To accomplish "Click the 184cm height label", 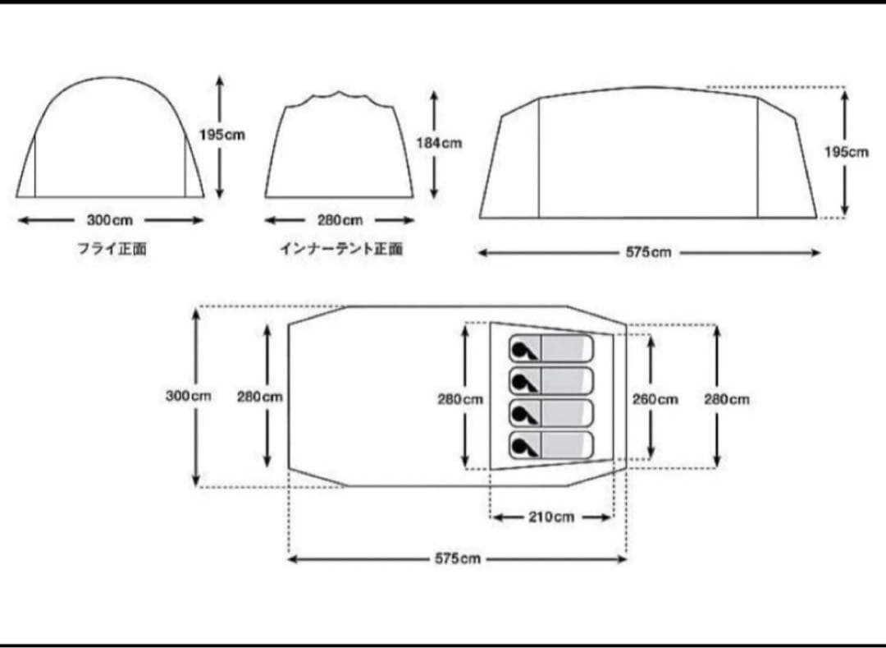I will pos(439,143).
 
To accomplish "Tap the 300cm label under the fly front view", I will pos(109,220).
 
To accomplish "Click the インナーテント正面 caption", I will pos(340,249).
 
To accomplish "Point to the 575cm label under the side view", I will pos(648,253).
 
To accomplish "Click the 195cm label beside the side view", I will pos(846,152).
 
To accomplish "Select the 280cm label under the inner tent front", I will pos(340,220).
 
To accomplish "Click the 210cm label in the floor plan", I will pos(551,517).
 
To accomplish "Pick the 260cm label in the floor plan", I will pos(655,399).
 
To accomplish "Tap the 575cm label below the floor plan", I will pos(458,558).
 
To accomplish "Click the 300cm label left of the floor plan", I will pos(188,396).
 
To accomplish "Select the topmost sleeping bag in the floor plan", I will pos(550,348).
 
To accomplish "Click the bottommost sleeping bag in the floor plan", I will pos(550,444).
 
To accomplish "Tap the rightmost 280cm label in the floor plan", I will pos(726,399).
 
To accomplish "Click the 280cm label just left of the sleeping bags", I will pos(459,399).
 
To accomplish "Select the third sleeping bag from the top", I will pos(550,412).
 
